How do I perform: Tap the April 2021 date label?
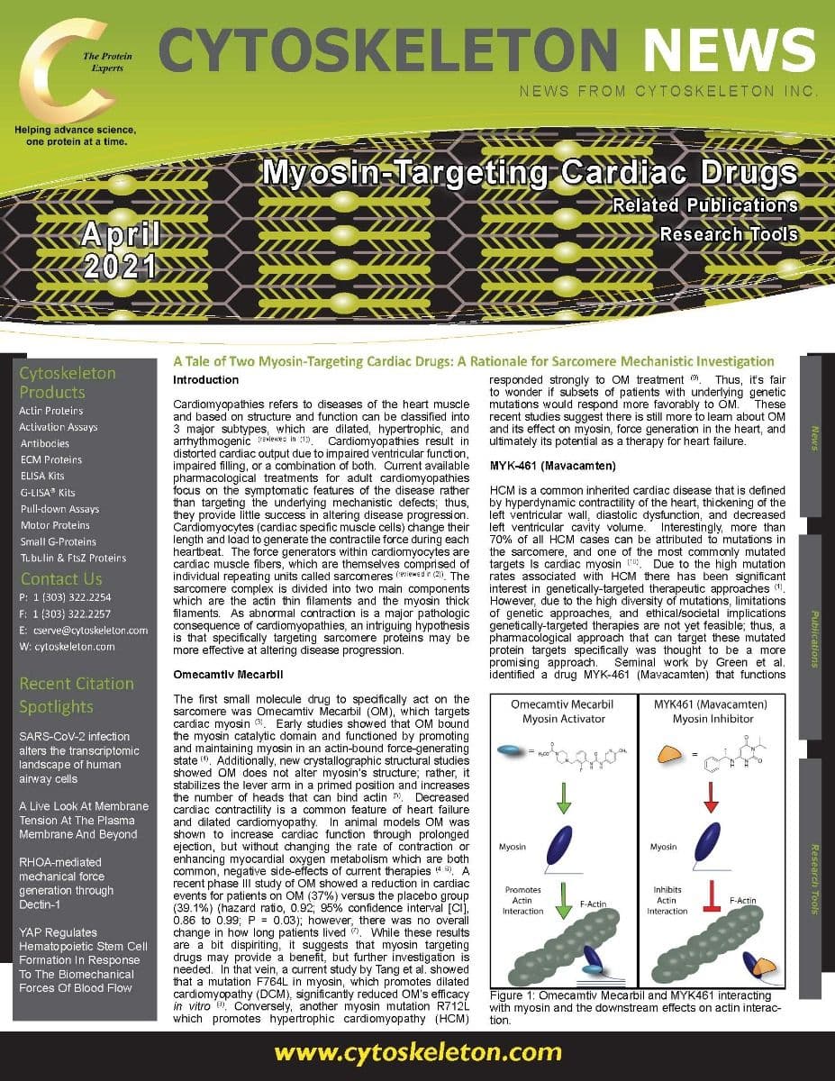120,250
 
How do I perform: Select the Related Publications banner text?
705,204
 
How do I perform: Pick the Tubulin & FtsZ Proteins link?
73,558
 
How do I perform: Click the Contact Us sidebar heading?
61,579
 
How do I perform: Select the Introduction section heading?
204,380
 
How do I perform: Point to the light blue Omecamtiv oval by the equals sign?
511,749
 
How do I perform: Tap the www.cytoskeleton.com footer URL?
417,1052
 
